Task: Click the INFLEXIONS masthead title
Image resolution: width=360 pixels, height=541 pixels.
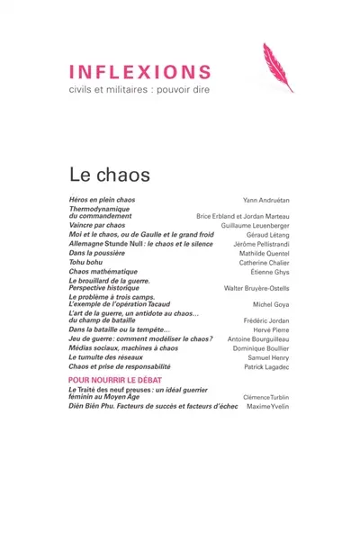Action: click(x=139, y=72)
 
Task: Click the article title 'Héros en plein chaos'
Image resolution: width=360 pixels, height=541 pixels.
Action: click(x=102, y=198)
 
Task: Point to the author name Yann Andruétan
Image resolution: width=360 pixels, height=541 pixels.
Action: click(x=266, y=199)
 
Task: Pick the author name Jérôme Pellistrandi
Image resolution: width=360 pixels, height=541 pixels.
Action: click(x=258, y=246)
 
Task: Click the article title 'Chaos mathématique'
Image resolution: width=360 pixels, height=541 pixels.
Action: click(x=103, y=272)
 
